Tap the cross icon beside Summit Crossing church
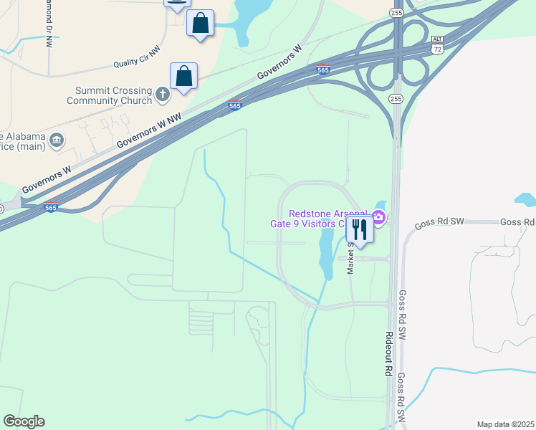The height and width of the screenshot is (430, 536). click(x=163, y=93)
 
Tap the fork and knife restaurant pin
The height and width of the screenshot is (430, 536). click(x=359, y=230)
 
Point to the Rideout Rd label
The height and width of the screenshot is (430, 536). click(x=388, y=354)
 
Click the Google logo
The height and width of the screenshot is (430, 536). click(x=24, y=421)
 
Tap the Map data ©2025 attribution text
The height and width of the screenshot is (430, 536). click(x=504, y=424)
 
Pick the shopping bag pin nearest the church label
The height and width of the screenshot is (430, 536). click(x=183, y=76)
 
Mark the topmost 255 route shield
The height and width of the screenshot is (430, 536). click(x=396, y=14)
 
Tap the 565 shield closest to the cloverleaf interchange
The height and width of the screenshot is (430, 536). click(x=322, y=70)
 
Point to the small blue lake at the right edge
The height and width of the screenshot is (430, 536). click(x=527, y=199)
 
